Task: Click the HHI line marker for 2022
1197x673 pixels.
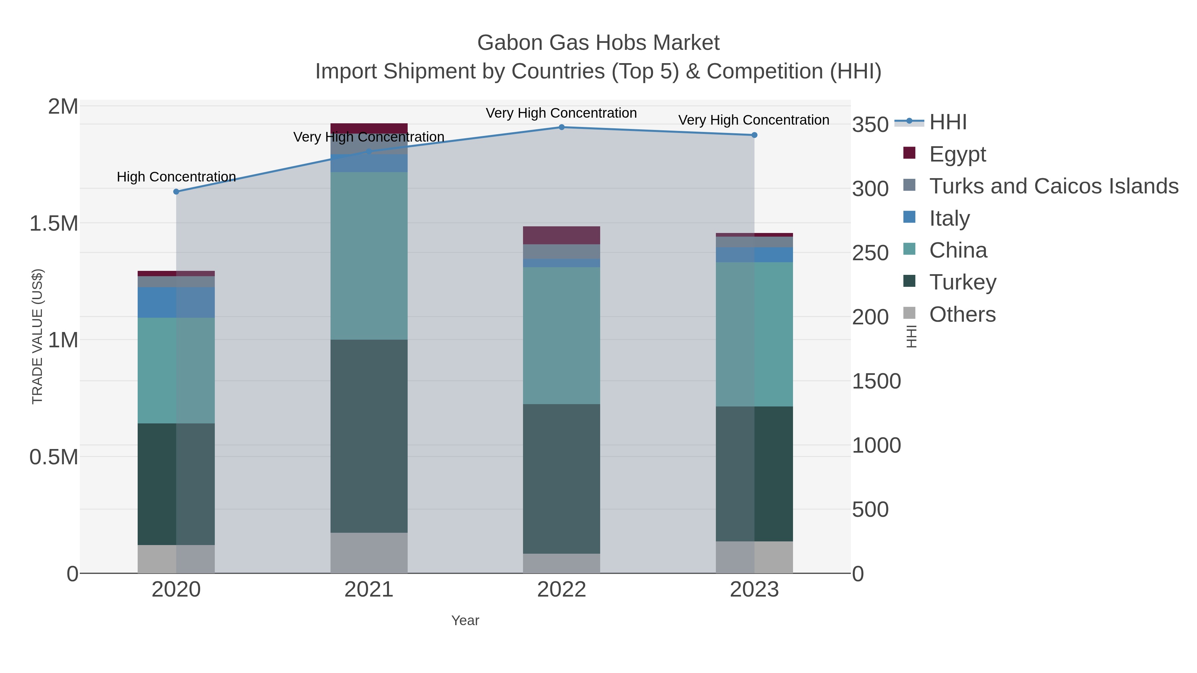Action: (x=561, y=127)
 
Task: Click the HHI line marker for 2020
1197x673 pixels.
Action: (x=176, y=191)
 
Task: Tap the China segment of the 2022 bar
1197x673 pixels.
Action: (x=561, y=335)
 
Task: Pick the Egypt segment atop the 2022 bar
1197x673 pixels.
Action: (x=561, y=235)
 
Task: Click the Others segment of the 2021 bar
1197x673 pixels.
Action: (x=369, y=553)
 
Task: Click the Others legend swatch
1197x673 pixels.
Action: (x=909, y=313)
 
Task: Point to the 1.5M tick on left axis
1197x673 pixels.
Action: (x=54, y=223)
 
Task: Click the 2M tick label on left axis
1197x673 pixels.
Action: (x=63, y=107)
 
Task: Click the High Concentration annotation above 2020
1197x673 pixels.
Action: (x=176, y=177)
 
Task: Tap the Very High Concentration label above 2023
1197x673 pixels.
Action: (x=754, y=120)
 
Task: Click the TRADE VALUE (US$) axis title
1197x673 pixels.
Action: (x=37, y=336)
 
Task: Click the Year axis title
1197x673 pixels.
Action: (x=465, y=620)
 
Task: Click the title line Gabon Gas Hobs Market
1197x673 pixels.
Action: (x=598, y=43)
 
